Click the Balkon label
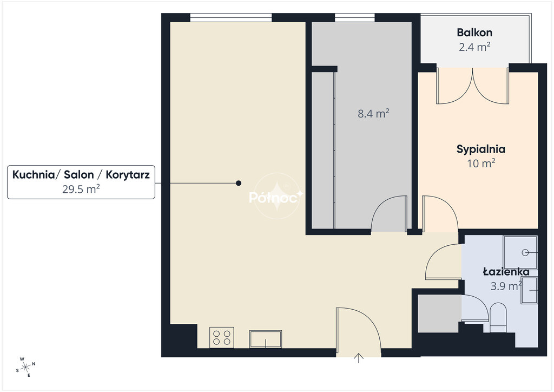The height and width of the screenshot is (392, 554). (474, 32)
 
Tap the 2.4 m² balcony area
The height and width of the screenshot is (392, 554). (474, 47)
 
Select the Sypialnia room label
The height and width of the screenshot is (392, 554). (481, 149)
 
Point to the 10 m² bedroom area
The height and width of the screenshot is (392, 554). (481, 164)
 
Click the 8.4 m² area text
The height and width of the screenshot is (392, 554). (373, 114)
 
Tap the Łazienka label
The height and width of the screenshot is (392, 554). (506, 271)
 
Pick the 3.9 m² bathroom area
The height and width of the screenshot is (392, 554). (506, 285)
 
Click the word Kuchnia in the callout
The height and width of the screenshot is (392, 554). (33, 175)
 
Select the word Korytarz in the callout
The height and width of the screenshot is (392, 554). (128, 175)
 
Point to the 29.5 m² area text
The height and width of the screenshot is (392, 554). (81, 189)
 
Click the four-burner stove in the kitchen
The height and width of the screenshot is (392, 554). (221, 337)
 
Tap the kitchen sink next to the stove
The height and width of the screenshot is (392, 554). (265, 339)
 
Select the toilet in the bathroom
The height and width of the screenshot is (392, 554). (498, 317)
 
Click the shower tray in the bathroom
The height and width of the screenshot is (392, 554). (520, 252)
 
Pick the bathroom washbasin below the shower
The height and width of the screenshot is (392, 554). (529, 290)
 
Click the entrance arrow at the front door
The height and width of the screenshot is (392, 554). (359, 358)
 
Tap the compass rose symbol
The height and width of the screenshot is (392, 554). (25, 367)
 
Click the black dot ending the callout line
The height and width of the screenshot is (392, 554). (239, 183)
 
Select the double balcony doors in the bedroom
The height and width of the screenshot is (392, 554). (473, 86)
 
